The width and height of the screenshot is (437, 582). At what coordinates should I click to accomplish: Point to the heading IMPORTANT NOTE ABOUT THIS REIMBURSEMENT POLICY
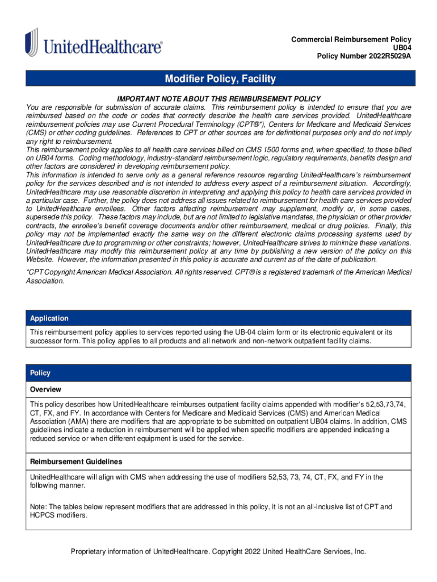pyautogui.click(x=218, y=98)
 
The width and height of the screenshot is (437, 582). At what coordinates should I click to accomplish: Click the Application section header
pyautogui.click(x=49, y=318)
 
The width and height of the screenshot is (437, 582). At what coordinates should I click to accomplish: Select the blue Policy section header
pyautogui.click(x=40, y=373)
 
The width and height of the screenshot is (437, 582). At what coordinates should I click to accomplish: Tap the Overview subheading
pyautogui.click(x=45, y=390)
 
